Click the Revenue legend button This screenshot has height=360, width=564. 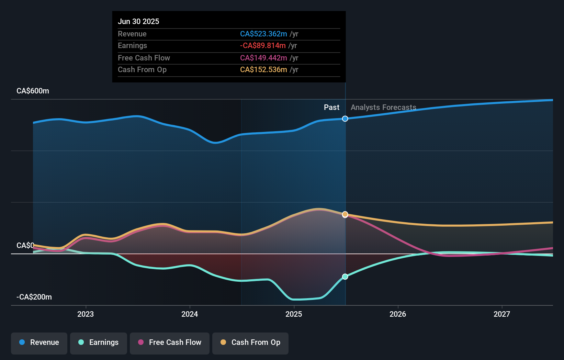pos(39,342)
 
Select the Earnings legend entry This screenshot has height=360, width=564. pos(99,342)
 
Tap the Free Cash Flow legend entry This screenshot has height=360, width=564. pos(170,342)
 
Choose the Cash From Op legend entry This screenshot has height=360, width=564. pos(250,342)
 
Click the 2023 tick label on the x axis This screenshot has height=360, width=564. pos(86,314)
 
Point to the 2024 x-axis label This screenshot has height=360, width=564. pos(190,314)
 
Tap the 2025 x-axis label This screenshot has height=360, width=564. pos(294,314)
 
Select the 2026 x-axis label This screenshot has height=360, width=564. pos(398,314)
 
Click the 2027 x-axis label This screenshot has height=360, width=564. pos(502,314)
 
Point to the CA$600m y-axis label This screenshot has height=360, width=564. pos(33,91)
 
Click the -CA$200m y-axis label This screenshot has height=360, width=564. pos(34,297)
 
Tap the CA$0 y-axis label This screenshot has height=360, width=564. pos(25,246)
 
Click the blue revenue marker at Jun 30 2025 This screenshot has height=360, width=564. pos(345,119)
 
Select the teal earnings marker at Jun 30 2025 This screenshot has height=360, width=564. pos(345,277)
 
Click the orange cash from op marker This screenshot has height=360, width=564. pos(345,214)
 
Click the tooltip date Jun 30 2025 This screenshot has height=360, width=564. pos(138,21)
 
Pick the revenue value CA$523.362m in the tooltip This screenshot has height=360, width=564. pos(263,34)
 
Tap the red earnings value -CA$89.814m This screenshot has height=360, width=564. pos(263,45)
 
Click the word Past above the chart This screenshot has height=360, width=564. pos(331,108)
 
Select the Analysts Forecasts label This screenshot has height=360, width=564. pos(383,108)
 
